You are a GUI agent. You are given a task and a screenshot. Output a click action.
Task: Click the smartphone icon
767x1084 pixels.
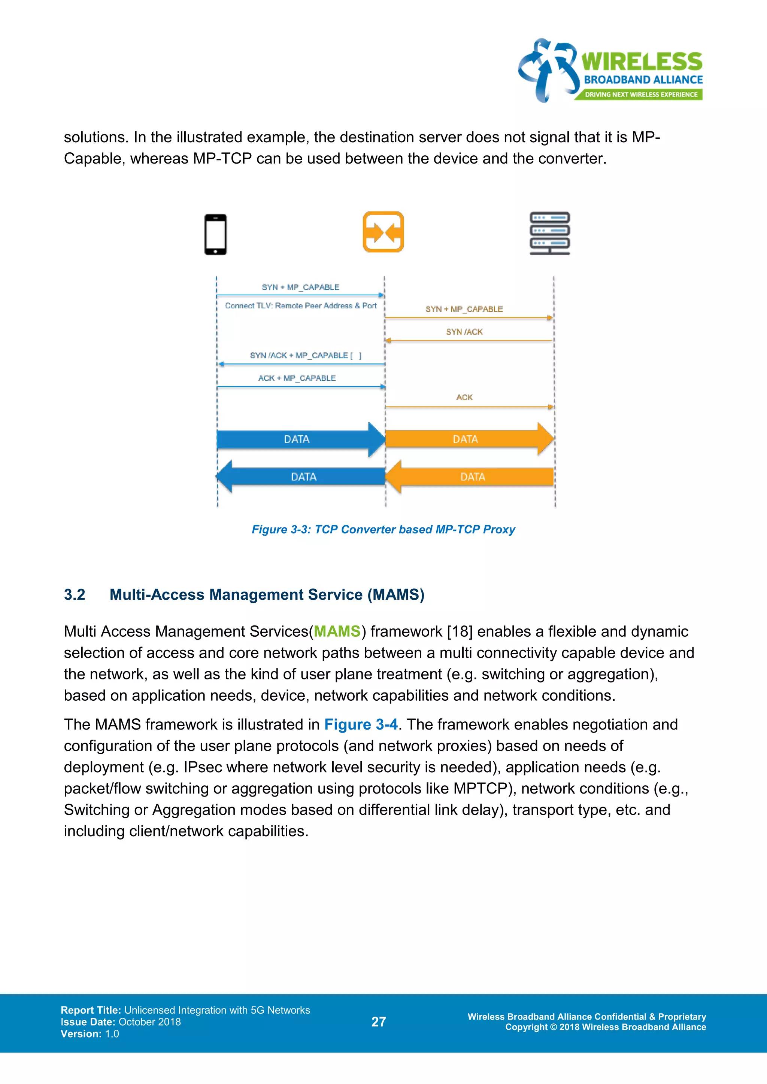(x=215, y=234)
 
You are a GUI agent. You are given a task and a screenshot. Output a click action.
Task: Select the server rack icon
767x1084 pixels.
(x=550, y=233)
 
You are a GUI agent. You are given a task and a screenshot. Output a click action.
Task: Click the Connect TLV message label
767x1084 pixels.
(x=301, y=305)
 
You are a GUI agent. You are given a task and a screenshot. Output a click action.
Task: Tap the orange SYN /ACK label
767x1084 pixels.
(x=464, y=332)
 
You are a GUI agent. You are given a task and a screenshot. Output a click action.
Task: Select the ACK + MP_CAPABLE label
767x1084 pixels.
(x=297, y=378)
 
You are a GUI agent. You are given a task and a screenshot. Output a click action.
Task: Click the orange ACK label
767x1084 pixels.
(x=464, y=398)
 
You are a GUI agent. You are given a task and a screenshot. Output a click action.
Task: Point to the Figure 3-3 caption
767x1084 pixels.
(x=383, y=529)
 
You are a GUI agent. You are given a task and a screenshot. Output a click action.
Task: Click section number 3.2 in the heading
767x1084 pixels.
(x=75, y=594)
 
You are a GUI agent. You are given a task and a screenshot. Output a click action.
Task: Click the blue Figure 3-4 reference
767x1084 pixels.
(x=361, y=724)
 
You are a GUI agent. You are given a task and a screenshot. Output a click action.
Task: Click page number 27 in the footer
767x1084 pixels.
(x=379, y=1022)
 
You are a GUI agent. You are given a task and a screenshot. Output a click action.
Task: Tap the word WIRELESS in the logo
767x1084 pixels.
(x=642, y=62)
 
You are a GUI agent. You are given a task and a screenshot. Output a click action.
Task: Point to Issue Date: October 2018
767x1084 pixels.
(x=121, y=1022)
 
